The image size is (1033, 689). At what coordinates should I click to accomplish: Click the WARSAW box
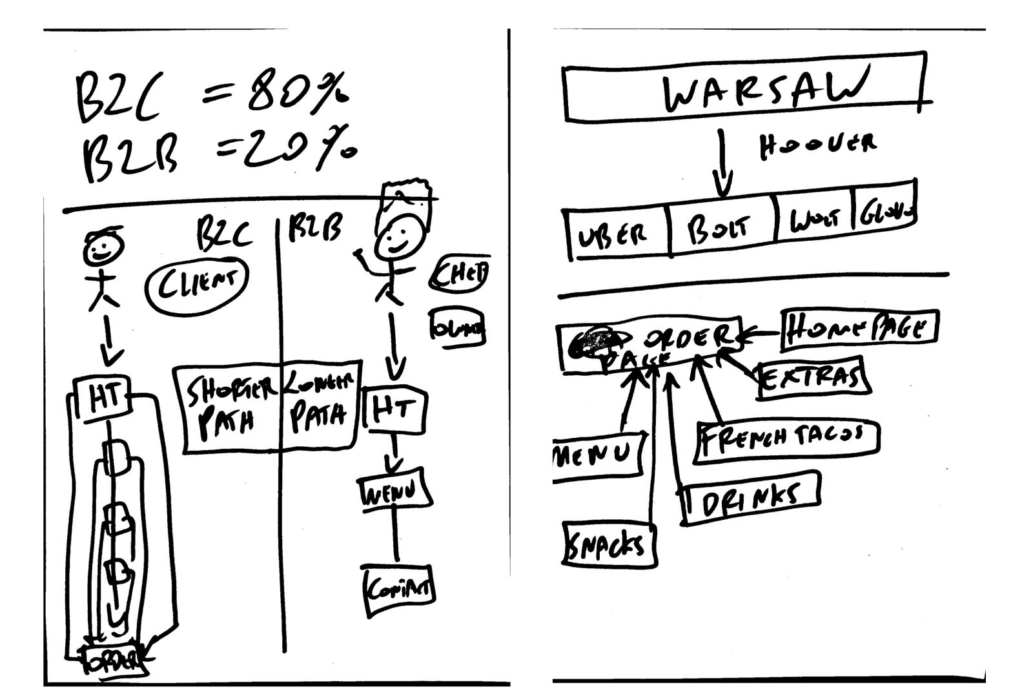click(746, 87)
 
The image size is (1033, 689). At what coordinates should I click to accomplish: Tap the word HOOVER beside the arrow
click(817, 146)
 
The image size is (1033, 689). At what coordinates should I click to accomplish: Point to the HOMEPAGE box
click(859, 330)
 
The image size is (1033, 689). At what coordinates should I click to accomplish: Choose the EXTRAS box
click(812, 376)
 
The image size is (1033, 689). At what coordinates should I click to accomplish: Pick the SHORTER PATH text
click(229, 407)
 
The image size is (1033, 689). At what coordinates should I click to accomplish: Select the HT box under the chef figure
click(394, 409)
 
